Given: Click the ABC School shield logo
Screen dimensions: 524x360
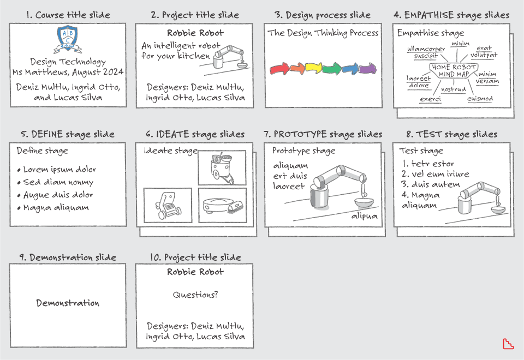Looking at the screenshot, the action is (68, 39).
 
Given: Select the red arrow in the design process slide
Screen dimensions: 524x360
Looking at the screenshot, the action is (279, 69).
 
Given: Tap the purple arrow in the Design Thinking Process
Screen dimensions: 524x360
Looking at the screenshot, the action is (368, 69).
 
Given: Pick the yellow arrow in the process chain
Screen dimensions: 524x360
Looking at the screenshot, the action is (313, 68).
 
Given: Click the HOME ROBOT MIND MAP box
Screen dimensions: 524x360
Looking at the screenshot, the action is (454, 71).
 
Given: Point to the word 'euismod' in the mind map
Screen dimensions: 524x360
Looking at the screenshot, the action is (480, 99).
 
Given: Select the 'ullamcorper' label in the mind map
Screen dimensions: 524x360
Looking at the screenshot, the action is (426, 49).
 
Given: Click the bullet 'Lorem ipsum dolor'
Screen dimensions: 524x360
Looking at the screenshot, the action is (57, 169).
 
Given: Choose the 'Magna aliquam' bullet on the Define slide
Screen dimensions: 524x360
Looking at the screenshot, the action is (53, 208).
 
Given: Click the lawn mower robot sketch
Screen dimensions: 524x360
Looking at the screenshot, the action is (168, 205).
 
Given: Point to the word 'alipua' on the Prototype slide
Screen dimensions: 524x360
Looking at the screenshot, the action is (364, 216).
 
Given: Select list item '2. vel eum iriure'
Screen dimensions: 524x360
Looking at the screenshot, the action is (435, 174).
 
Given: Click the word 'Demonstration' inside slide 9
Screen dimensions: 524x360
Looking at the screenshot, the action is (68, 303).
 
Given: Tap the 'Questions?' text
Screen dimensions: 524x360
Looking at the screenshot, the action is (195, 295).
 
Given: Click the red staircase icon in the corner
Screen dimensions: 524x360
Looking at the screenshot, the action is (508, 344).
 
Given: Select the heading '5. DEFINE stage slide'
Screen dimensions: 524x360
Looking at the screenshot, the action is (68, 134).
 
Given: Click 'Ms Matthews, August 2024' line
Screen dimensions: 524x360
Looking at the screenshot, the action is (68, 72).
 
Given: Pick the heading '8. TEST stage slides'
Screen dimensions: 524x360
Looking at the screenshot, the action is (452, 134).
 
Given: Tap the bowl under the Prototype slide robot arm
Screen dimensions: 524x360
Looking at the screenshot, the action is (364, 202).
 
